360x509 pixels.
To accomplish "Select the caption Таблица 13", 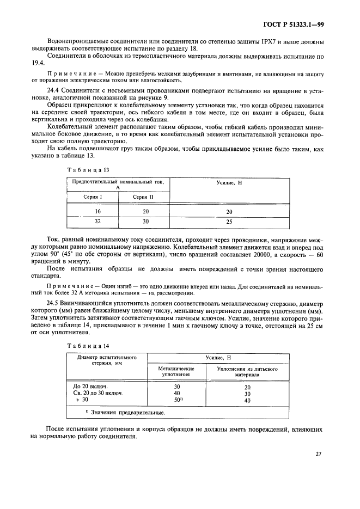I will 83,169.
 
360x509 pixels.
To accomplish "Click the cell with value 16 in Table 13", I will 91,211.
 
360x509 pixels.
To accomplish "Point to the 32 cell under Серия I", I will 91,222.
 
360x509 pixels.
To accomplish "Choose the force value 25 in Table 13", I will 229,222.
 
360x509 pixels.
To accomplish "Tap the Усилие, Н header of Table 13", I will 229,183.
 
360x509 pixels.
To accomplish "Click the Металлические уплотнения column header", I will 176,371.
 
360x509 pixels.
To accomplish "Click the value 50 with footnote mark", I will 177,400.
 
